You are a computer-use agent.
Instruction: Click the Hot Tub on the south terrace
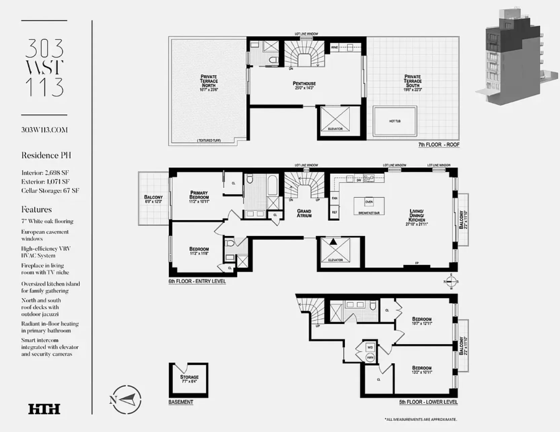click(x=395, y=121)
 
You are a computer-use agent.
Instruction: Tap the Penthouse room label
click(x=304, y=85)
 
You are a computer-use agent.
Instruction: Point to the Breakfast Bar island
click(x=369, y=206)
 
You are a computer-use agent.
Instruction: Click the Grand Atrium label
click(x=304, y=213)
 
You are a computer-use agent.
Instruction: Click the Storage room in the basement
click(x=189, y=379)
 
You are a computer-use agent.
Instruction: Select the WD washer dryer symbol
click(x=370, y=347)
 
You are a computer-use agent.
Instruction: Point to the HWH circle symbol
click(x=370, y=357)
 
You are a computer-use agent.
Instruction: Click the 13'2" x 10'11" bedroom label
click(x=422, y=370)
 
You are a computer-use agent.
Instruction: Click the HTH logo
click(x=44, y=409)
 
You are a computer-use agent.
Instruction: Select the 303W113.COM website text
click(x=44, y=130)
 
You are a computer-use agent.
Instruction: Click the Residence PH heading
click(x=46, y=155)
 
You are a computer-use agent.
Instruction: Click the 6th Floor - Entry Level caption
click(x=197, y=281)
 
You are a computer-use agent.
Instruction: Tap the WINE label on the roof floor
click(x=334, y=47)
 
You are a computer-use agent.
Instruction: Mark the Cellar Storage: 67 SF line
click(x=50, y=190)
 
